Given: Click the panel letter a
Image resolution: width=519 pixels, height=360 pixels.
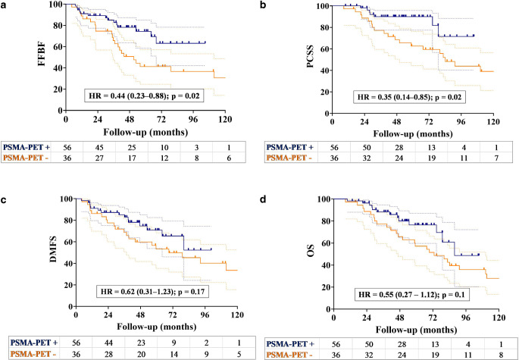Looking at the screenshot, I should point(4,5).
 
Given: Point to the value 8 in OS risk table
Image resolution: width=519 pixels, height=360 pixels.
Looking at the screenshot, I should point(494,353).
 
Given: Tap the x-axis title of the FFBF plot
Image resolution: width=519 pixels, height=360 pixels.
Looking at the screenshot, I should point(152,131).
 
